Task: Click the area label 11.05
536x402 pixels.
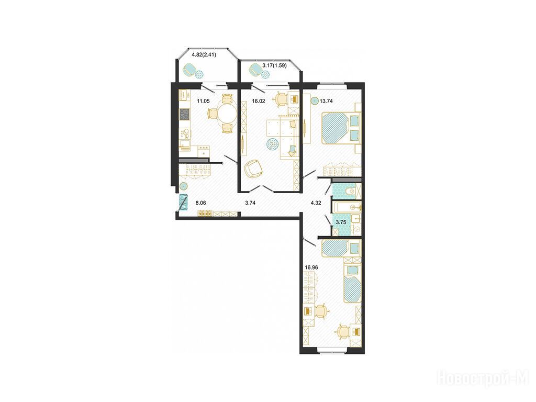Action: coord(203,101)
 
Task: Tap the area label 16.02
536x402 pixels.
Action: coord(259,101)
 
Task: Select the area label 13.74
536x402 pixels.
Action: coord(326,101)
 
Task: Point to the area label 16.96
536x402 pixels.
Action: coord(311,267)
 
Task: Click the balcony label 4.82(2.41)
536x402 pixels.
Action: coord(204,54)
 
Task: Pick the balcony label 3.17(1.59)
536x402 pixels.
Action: coord(274,65)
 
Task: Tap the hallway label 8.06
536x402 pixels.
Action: coord(200,203)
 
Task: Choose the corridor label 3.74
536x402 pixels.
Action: coord(251,203)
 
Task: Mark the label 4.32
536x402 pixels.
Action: coord(316,203)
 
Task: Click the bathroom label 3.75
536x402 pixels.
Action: coord(341,222)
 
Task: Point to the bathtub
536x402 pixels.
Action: coord(346,207)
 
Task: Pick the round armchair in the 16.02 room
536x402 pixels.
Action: coord(253,169)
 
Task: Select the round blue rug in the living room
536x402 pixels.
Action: coord(273,143)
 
